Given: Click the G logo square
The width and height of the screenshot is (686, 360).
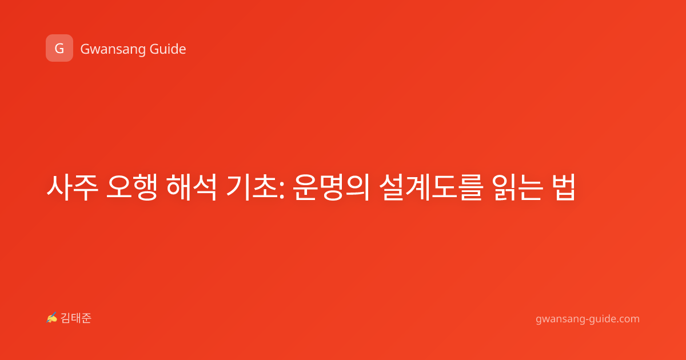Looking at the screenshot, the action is (59, 48).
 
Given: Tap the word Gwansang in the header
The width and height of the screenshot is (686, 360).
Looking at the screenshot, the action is (113, 49).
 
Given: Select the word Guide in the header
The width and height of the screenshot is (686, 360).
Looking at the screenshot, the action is (168, 49).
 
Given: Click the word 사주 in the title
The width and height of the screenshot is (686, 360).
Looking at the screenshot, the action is (72, 187).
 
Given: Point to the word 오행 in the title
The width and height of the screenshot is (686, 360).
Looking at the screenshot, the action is (131, 187).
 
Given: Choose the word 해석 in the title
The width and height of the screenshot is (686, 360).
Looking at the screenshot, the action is (192, 187).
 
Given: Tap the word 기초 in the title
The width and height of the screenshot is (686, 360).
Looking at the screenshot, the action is (252, 187).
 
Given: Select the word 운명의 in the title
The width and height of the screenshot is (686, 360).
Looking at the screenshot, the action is (332, 187).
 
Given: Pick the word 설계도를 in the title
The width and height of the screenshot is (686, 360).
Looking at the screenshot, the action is (431, 187).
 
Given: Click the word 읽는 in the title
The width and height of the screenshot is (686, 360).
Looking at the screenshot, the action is (518, 187).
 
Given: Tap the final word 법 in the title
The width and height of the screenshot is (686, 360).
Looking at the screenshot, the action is (564, 187).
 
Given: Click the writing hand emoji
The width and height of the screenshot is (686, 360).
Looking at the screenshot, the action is (52, 318).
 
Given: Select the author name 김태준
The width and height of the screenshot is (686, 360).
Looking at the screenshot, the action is (76, 318).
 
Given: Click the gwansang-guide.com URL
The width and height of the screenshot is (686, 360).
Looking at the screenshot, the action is (588, 319).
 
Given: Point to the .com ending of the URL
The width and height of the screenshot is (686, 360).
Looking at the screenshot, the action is (628, 319).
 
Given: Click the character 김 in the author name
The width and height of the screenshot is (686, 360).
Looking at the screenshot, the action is (66, 318).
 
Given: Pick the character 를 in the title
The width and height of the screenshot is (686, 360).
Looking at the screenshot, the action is (471, 187).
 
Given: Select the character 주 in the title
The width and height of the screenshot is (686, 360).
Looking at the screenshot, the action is (86, 187).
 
